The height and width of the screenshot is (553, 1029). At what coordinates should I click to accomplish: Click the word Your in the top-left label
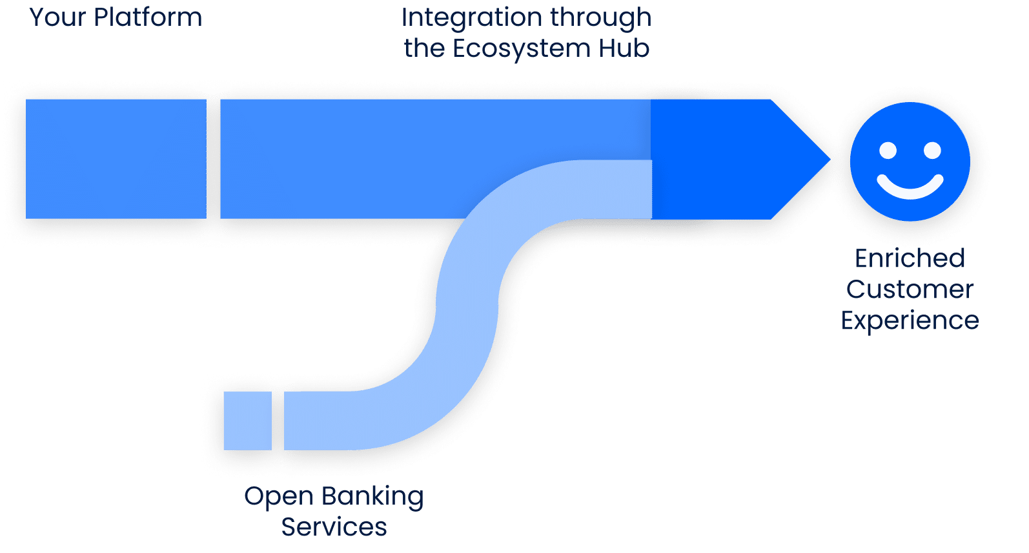(x=57, y=17)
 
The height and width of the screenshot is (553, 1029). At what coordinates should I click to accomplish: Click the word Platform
(x=148, y=17)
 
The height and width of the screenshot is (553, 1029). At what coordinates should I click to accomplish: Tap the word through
(x=601, y=19)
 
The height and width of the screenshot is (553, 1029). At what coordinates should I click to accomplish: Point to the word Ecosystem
(x=522, y=49)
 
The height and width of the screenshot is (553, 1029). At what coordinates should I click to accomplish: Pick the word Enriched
(x=910, y=258)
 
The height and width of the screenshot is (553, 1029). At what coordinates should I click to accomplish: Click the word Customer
(x=910, y=289)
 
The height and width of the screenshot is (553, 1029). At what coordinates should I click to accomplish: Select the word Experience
(x=910, y=321)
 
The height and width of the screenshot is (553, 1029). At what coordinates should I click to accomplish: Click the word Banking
(x=372, y=497)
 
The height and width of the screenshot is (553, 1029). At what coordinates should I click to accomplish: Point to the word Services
(x=334, y=527)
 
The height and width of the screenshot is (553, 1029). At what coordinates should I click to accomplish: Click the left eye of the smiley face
(x=888, y=151)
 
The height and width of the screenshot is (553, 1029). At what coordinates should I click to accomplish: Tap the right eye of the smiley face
(x=932, y=151)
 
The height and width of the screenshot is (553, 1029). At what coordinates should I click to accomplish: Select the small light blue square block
(x=247, y=421)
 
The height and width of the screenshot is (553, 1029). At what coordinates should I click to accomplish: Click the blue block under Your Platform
(x=116, y=159)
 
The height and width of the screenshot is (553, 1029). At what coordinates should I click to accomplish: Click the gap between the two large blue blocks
(x=214, y=159)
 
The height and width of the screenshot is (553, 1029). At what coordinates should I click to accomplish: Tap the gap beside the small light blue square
(x=278, y=421)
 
